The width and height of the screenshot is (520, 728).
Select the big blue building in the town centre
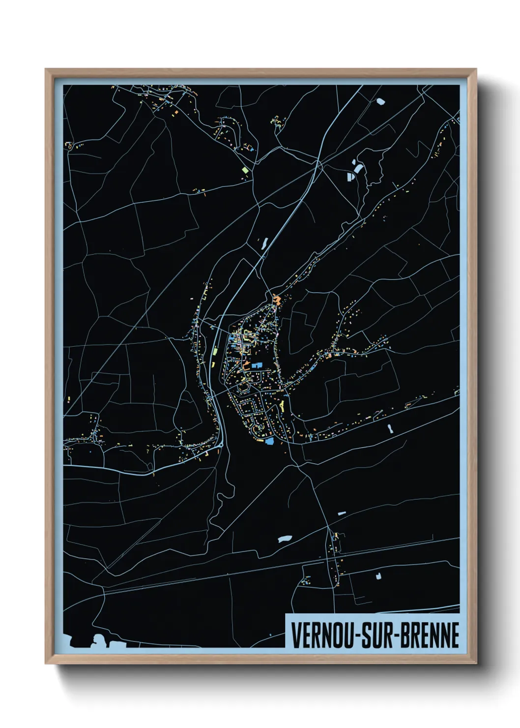point(256,365)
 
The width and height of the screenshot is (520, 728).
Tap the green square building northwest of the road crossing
point(245,170)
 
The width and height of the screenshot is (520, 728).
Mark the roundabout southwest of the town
point(220,445)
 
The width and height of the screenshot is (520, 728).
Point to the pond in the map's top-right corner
point(380,102)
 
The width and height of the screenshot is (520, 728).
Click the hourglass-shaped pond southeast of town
point(390,428)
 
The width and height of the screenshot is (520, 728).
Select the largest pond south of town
point(285,539)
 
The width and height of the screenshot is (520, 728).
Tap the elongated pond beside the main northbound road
point(265,243)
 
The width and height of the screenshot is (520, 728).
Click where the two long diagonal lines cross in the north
point(319,165)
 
